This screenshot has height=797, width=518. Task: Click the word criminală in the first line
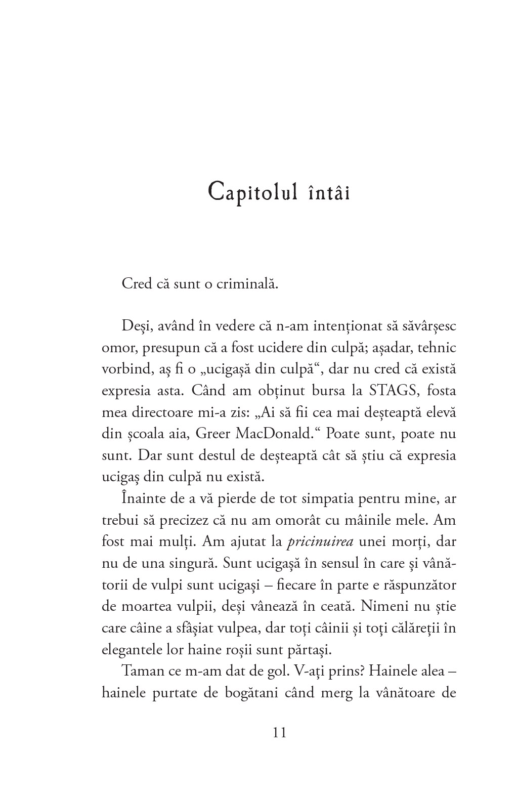(x=247, y=283)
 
